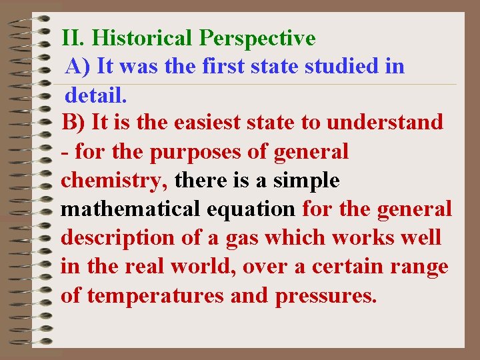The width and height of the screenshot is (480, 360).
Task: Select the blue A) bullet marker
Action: pyautogui.click(x=78, y=67)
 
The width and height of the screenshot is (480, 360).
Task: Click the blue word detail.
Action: pyautogui.click(x=95, y=95)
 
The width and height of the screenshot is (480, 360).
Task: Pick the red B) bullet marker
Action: pyautogui.click(x=73, y=123)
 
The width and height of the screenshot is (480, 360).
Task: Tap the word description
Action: pyautogui.click(x=117, y=239)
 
